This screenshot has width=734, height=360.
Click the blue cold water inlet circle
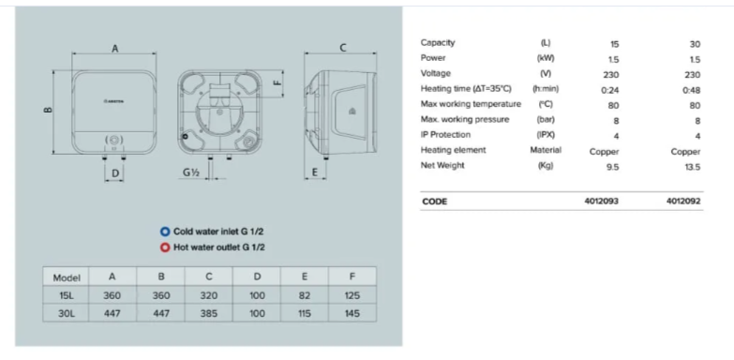coord(165,232)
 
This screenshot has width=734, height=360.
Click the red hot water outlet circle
coord(165,247)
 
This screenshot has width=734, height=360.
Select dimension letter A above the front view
coord(114,48)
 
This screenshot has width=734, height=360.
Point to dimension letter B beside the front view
coord(48,110)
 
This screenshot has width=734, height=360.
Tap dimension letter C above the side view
coord(343,47)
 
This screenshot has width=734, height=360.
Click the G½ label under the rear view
coord(191,172)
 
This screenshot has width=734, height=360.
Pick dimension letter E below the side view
coord(314,172)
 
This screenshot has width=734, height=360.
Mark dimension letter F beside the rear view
coord(277,82)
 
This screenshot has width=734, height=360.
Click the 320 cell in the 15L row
coord(209,295)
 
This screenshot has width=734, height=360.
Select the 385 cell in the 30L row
coord(209,313)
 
